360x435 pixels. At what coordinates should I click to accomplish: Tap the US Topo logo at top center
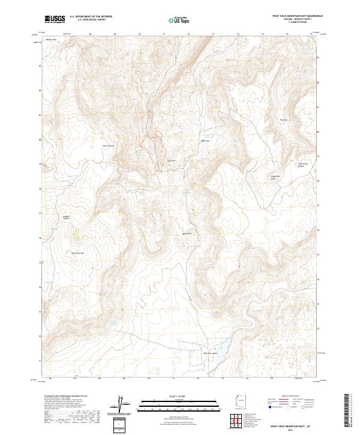[174, 20]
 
